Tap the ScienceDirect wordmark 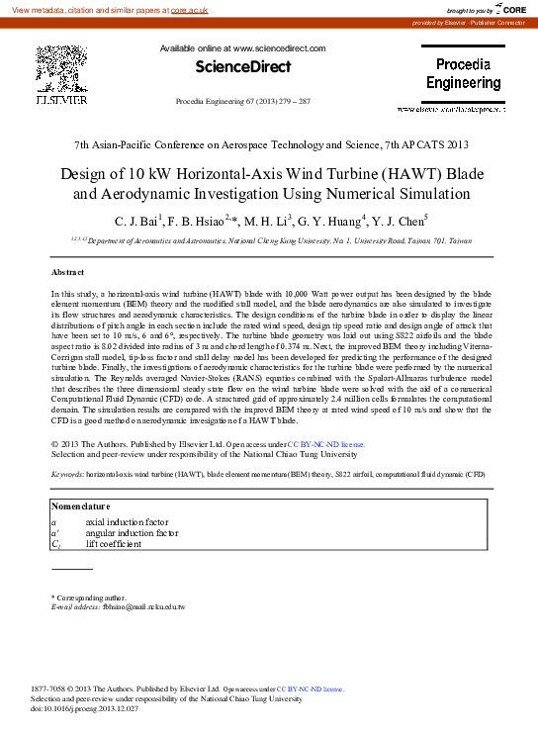[x=242, y=67]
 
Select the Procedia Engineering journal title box [x=463, y=74]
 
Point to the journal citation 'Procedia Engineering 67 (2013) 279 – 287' [x=242, y=102]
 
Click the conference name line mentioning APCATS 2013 [x=270, y=145]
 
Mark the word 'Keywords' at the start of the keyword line [x=67, y=475]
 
